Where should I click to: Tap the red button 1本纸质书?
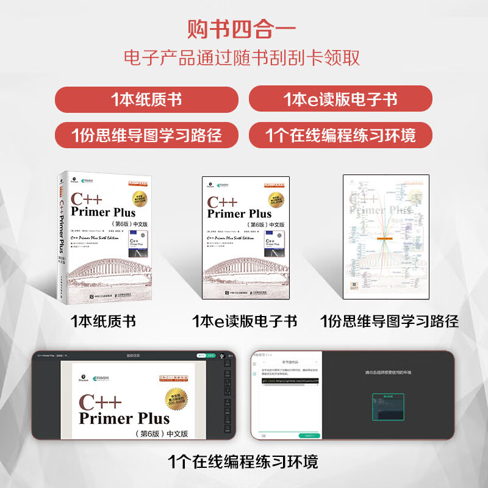tap(146, 99)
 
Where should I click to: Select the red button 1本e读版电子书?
tap(340, 99)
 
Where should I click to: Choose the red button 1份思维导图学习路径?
tap(146, 135)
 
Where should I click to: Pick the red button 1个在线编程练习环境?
tap(340, 135)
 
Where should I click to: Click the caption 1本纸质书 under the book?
tap(104, 321)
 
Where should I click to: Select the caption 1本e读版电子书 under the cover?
tap(245, 321)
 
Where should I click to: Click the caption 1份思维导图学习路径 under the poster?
tap(389, 321)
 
